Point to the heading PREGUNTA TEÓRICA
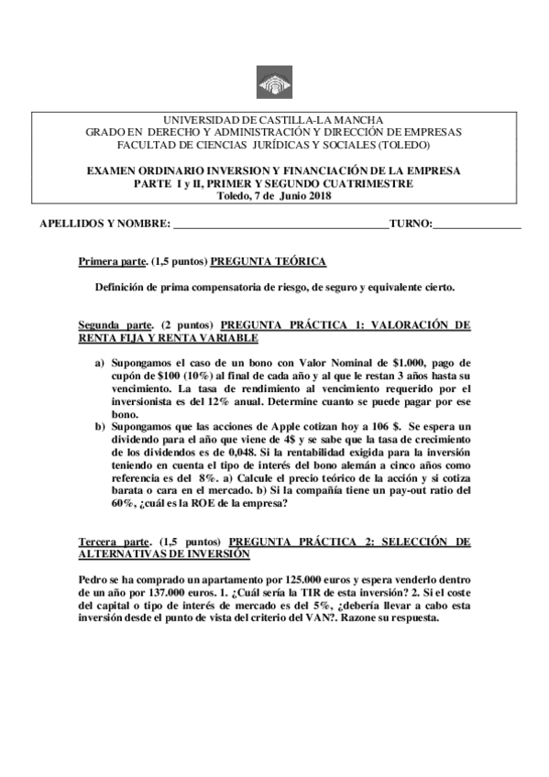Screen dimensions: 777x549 268,262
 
